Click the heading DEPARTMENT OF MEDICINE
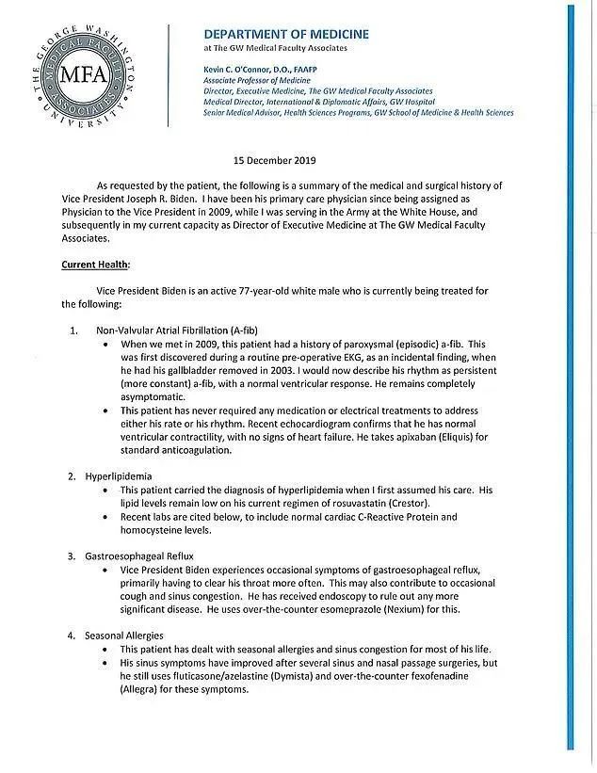(286, 34)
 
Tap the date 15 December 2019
(276, 161)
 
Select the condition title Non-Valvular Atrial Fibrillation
(177, 330)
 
